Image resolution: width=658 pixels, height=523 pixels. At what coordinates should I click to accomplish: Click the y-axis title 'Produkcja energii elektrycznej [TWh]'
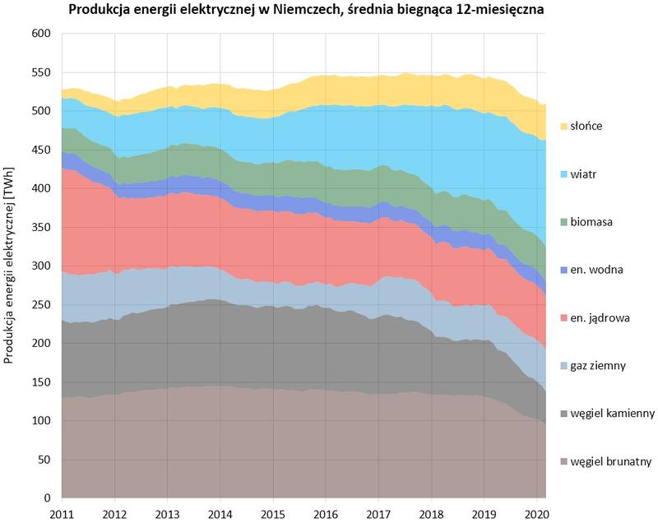(11, 266)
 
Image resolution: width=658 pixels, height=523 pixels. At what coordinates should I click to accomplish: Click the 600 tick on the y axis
(41, 34)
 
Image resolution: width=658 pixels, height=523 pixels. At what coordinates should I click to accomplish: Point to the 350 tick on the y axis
(41, 228)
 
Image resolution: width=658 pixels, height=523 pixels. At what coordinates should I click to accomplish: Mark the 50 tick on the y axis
(44, 461)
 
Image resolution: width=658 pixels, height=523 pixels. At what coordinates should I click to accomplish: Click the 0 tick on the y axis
(48, 499)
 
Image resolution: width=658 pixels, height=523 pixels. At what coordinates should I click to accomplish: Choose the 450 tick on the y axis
(41, 150)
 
